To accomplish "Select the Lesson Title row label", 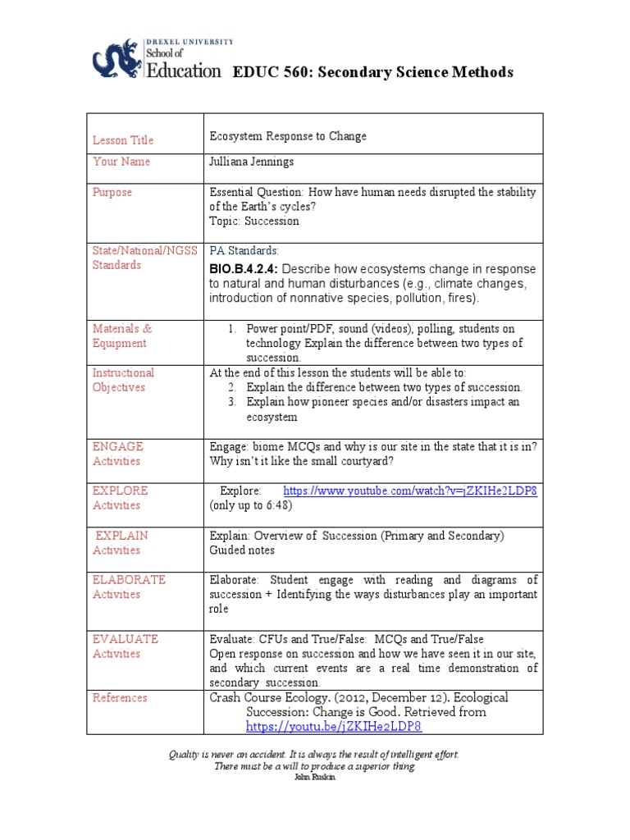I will [x=123, y=140].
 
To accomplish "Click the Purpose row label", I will [x=112, y=192].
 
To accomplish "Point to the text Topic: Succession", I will [x=254, y=221].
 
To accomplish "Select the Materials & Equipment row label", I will [x=121, y=336].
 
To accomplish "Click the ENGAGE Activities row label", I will [x=117, y=454].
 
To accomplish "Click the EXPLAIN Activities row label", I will [x=121, y=542].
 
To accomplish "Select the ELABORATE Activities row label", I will [x=129, y=587].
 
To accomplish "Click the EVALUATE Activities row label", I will [x=126, y=646].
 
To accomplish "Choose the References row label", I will [x=120, y=697].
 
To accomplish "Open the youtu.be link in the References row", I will [x=334, y=727].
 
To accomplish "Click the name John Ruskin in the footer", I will [x=314, y=777].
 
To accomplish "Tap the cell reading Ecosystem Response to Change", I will [x=288, y=136].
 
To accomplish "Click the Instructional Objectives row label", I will [x=123, y=380].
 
